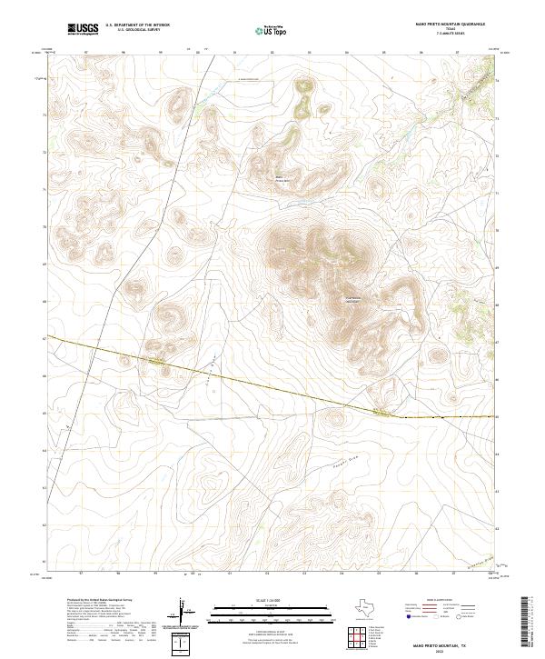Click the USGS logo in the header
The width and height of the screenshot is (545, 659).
(x=83, y=29)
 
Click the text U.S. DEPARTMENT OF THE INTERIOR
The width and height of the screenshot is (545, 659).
(x=136, y=25)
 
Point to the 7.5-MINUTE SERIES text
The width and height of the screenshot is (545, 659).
(x=451, y=35)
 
